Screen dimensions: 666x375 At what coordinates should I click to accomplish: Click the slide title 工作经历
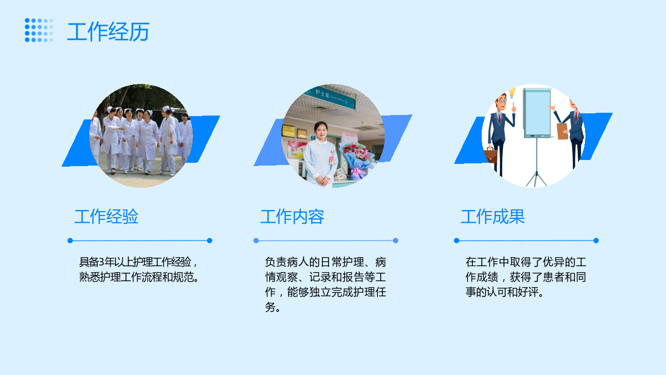(x=108, y=32)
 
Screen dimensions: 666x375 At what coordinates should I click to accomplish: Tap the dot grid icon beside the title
(x=39, y=30)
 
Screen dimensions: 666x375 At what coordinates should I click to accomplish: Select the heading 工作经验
(x=106, y=216)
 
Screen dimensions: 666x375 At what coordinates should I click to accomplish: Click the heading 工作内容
(x=292, y=216)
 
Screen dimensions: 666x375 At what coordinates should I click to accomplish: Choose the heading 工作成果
(x=493, y=216)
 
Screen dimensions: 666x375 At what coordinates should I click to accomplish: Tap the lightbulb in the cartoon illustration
(x=512, y=93)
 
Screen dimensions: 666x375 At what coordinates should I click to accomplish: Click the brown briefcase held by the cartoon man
(x=491, y=156)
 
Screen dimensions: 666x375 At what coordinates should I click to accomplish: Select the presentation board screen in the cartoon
(x=537, y=112)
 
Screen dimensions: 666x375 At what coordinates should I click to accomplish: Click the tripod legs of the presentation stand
(x=536, y=178)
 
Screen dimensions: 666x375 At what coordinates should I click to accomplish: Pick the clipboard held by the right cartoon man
(x=562, y=131)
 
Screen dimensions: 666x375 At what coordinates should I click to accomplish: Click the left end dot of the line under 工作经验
(x=70, y=241)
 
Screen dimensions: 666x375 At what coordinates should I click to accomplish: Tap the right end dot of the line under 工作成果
(x=596, y=241)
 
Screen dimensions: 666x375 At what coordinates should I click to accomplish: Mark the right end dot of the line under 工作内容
(x=395, y=241)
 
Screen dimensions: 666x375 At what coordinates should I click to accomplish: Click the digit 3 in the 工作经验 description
(x=102, y=262)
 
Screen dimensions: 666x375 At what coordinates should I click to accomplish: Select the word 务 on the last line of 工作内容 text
(x=270, y=307)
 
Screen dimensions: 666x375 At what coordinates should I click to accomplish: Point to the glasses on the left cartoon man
(x=502, y=101)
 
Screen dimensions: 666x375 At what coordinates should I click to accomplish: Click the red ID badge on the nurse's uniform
(x=331, y=160)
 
